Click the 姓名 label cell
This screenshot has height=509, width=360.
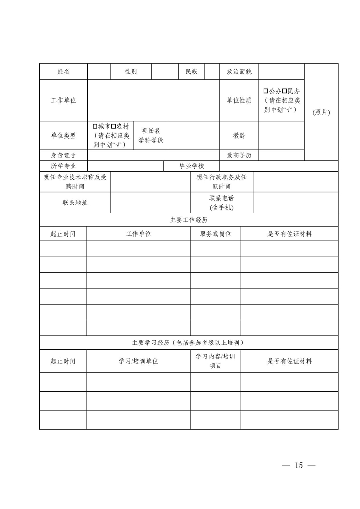coord(63,71)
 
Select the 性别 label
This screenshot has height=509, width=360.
coord(131,71)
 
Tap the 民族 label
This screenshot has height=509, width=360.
coord(191,71)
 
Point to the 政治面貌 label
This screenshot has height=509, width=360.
coord(239,71)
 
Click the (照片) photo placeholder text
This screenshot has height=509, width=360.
coord(322,112)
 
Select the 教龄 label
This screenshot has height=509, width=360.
coord(239,135)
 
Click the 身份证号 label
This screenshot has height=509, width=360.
coord(63,155)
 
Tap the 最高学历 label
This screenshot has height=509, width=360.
coord(239,155)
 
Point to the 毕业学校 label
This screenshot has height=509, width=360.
coord(192,166)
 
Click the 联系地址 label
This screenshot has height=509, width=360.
coord(75,202)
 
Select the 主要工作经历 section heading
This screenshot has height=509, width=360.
coord(189,220)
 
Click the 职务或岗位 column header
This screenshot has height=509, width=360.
coord(216,234)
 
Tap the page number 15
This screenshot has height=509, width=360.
coord(299,465)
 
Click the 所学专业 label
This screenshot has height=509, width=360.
coord(63,166)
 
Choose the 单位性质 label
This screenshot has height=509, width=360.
coord(239,100)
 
